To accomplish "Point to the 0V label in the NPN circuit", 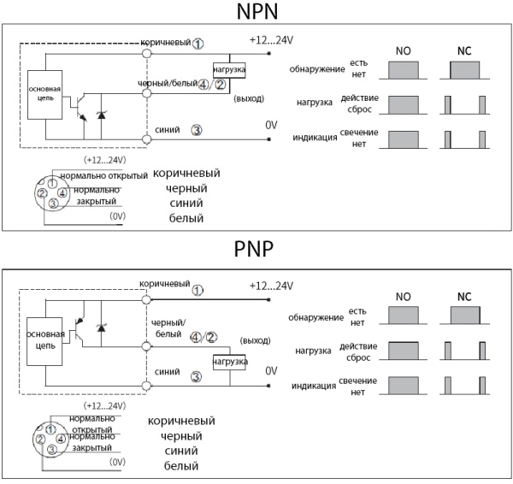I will pos(271,125).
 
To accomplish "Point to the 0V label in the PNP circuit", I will pos(271,371).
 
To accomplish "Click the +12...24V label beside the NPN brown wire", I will pos(271,39).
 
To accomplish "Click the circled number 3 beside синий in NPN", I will pos(197,131).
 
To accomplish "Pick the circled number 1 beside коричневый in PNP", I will pos(198,289).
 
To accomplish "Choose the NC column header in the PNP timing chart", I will pos(464,297).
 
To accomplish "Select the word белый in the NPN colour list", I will pos(185,218).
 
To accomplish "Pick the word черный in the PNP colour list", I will pos(181,436).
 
